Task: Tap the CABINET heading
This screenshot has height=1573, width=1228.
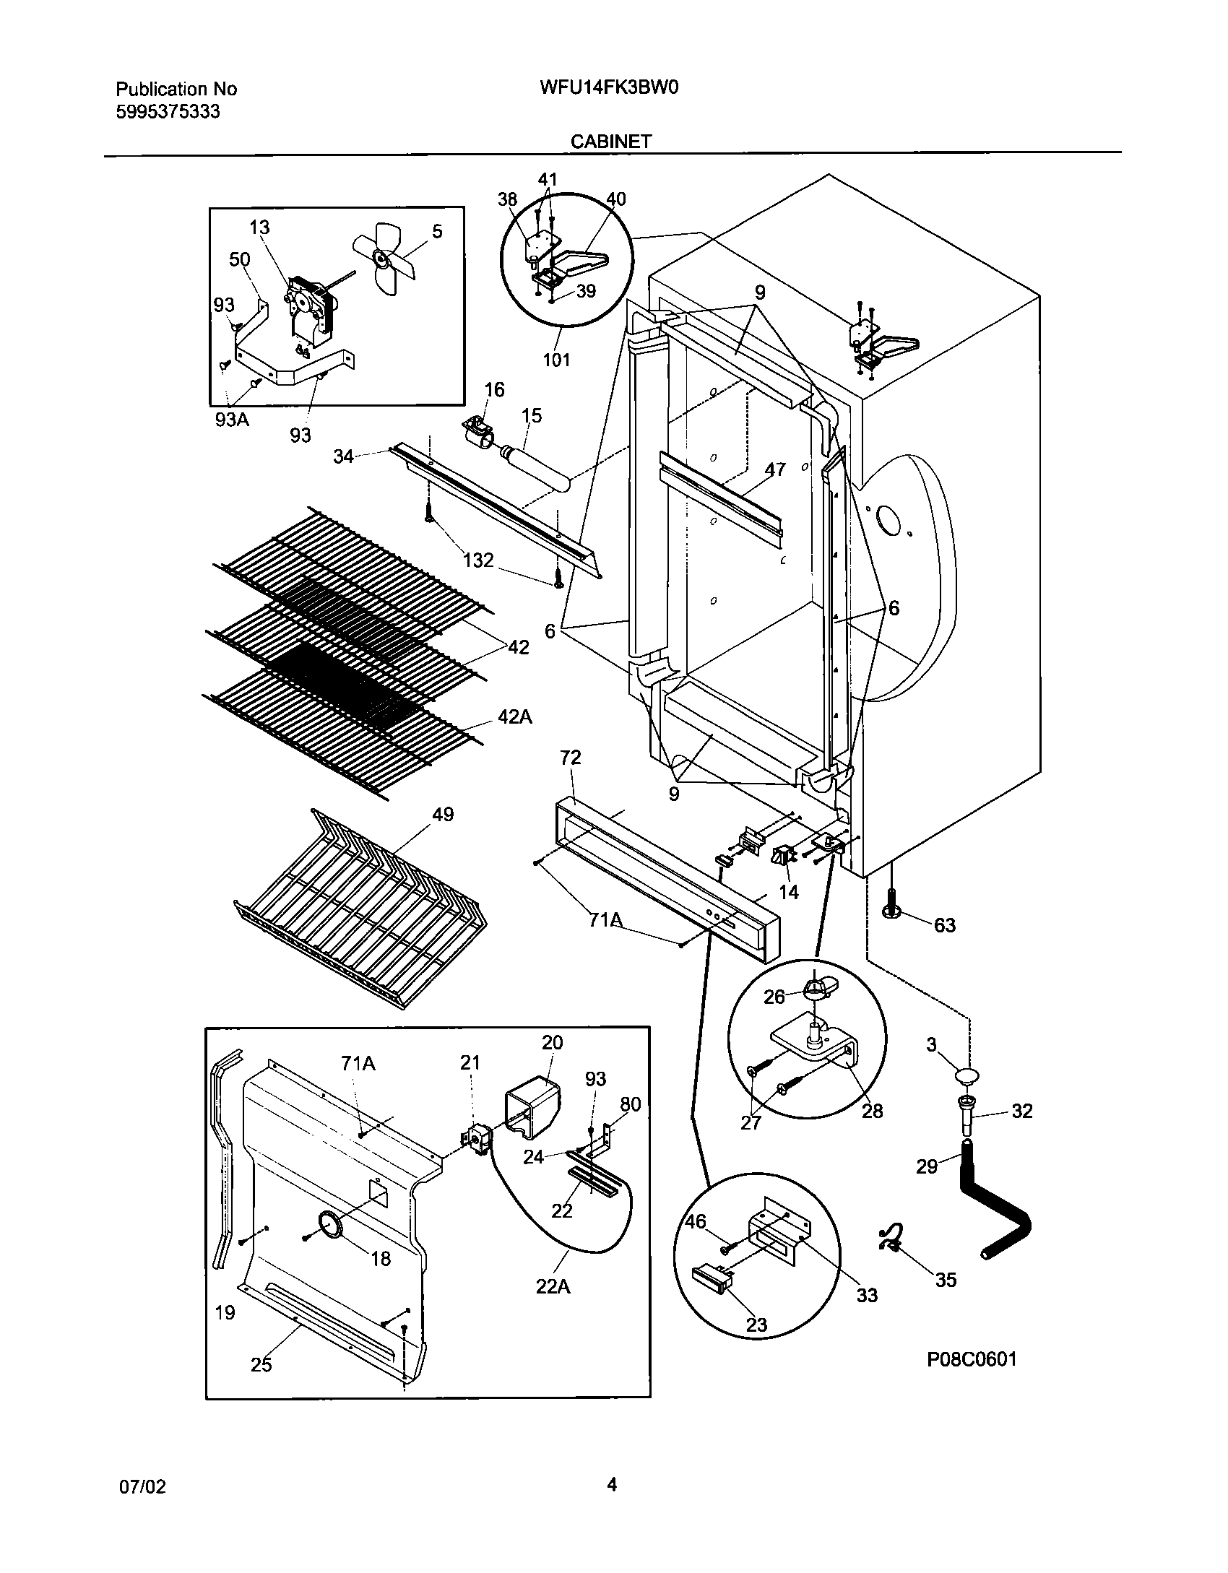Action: click(x=611, y=142)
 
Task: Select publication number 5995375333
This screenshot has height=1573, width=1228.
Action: click(x=168, y=112)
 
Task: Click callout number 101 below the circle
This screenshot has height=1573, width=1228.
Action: click(x=556, y=360)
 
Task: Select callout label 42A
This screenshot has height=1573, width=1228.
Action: click(x=515, y=717)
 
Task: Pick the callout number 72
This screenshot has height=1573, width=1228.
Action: click(x=570, y=758)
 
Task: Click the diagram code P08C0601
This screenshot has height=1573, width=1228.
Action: click(x=972, y=1380)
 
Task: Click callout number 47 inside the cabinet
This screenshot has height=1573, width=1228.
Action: click(x=774, y=469)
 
